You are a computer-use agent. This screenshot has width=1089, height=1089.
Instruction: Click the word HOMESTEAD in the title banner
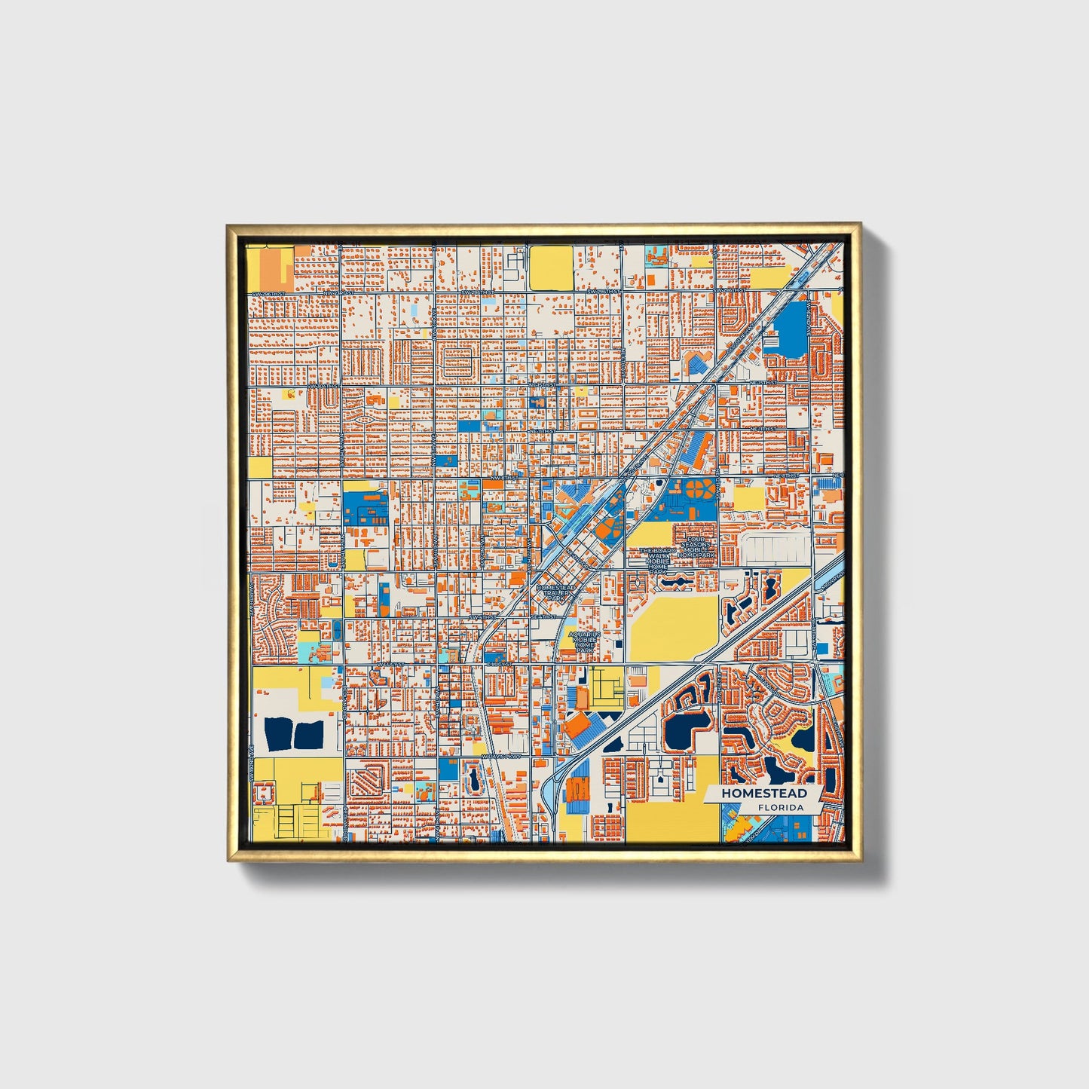tap(763, 793)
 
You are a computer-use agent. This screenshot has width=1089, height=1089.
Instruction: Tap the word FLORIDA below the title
tap(781, 807)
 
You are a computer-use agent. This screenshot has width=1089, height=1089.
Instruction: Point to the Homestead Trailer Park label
tap(556, 592)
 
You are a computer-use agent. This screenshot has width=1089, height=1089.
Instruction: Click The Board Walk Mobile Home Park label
tap(658, 561)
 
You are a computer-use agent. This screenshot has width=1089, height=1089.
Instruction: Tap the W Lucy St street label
tap(393, 664)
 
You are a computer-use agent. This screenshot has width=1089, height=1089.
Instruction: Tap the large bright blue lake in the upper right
tap(786, 329)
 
